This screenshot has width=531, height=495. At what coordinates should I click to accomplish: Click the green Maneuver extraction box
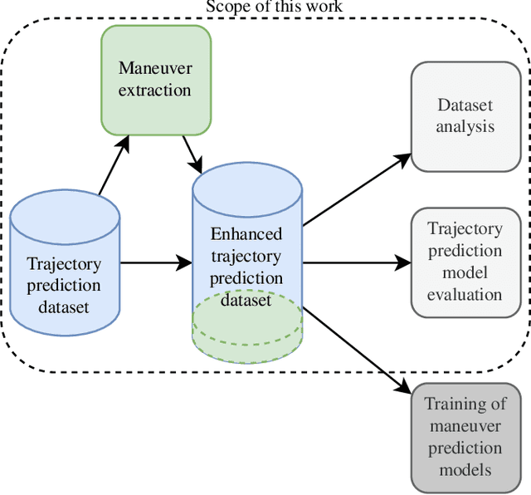[155, 79]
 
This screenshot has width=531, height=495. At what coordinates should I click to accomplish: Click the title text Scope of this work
[274, 7]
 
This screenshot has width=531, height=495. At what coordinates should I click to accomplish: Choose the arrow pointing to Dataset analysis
[357, 189]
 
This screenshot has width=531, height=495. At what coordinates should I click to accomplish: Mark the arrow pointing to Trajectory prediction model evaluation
[357, 264]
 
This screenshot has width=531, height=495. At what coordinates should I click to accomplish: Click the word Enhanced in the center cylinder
[246, 233]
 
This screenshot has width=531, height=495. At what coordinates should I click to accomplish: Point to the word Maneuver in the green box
[156, 67]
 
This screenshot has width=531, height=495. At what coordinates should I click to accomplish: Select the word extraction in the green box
[156, 89]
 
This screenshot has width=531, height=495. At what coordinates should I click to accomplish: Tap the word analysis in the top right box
[465, 126]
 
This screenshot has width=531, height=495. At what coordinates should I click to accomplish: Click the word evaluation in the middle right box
[465, 294]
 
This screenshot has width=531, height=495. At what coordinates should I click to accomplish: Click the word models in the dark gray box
[465, 469]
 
